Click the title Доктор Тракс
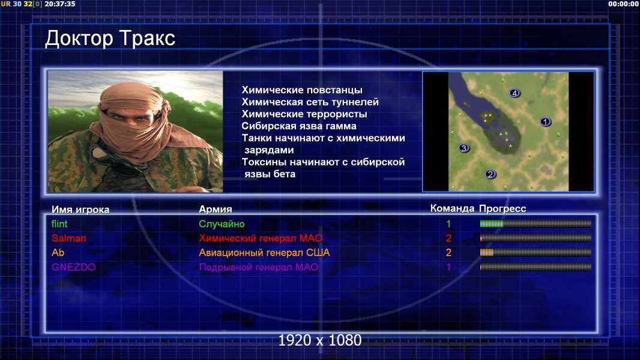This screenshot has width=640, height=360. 110,39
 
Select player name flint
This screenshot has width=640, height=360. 59,224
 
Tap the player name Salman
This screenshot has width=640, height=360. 68,238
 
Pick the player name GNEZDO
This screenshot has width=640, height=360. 73,267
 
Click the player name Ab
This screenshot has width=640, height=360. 58,253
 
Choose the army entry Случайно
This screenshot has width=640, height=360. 222,224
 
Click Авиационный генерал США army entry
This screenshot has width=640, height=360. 265,253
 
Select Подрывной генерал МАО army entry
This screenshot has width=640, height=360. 259,267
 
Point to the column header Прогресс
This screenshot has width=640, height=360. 503,209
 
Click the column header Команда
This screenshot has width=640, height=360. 452,209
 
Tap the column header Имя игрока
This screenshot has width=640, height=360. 80,209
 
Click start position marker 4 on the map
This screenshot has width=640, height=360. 515,94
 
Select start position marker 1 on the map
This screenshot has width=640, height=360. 545,121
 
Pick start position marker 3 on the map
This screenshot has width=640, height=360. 463,148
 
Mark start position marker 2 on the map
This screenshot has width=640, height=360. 490,174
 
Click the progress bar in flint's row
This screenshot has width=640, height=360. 536,223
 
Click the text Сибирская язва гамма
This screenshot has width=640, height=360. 299,126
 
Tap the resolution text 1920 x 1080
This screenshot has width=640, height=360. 320,340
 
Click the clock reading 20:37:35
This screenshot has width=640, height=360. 60,4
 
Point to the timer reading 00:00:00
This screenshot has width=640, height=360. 623,4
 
